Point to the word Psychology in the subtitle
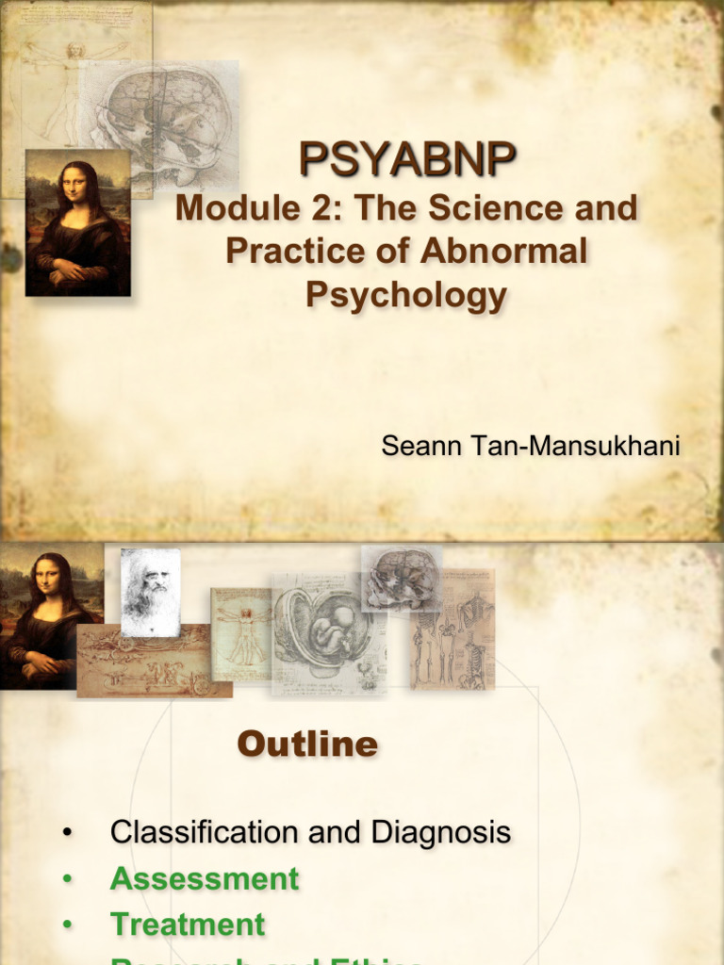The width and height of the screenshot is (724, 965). click(406, 294)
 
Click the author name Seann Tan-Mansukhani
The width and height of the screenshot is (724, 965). click(530, 446)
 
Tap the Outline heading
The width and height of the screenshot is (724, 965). click(307, 744)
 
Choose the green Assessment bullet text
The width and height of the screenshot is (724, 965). click(205, 879)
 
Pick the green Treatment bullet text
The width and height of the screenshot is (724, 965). click(188, 924)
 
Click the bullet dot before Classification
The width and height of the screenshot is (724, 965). click(66, 833)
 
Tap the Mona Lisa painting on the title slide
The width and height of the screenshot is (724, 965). click(77, 223)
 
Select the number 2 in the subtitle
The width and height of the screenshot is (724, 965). click(320, 209)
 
